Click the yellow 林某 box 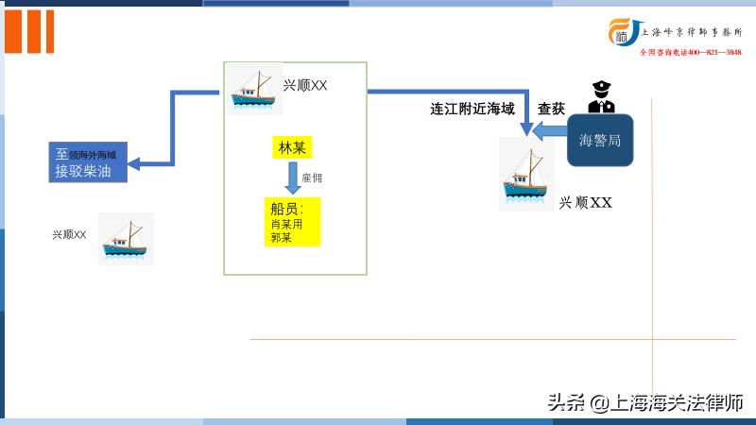coord(292,148)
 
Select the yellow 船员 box coord(292,222)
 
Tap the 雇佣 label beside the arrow coord(312,178)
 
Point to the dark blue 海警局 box coord(599,140)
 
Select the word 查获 coord(551,109)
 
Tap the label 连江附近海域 coord(472,109)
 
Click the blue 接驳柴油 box coord(87,162)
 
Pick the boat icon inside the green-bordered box coord(254,89)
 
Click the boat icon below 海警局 coord(526,174)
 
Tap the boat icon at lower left coord(126,238)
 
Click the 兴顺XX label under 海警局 coord(586,202)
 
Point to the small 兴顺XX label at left coord(69,233)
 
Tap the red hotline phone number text coord(690,52)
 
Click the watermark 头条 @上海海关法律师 coord(644,402)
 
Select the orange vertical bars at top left coord(29,30)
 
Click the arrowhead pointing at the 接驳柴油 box coord(134,162)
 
